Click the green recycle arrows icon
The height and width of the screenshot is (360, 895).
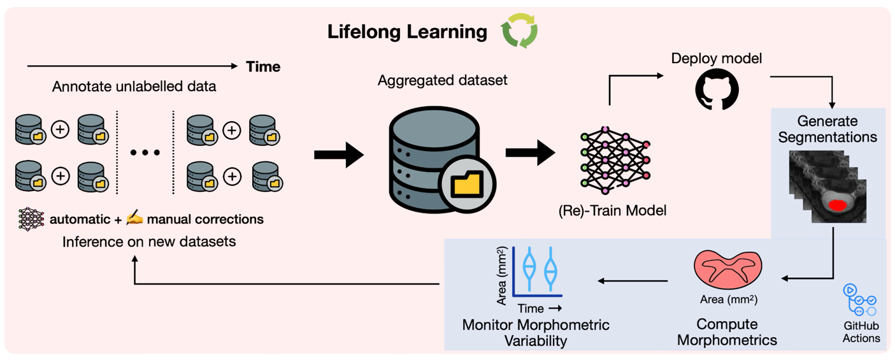pos(519,31)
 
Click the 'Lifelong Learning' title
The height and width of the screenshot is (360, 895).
pos(407,32)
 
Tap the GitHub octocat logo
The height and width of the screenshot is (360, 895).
pos(717,90)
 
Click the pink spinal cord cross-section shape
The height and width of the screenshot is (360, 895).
pos(728,268)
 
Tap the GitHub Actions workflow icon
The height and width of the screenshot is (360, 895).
pos(860,300)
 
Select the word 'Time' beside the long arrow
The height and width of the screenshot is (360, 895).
pos(263,66)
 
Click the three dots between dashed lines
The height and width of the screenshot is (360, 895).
pos(145,153)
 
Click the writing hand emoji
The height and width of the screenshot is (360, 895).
pos(134,219)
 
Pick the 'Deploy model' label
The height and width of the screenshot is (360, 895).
pos(716,59)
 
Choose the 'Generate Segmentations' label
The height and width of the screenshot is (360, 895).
pos(827,129)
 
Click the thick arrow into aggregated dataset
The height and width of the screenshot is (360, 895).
pos(338,155)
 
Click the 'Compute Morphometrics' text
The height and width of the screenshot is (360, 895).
pos(727,332)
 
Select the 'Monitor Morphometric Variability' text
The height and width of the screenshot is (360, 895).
pos(535,333)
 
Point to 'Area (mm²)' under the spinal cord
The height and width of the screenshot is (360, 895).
pos(728,299)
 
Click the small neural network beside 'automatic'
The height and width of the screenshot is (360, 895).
pos(31,219)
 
